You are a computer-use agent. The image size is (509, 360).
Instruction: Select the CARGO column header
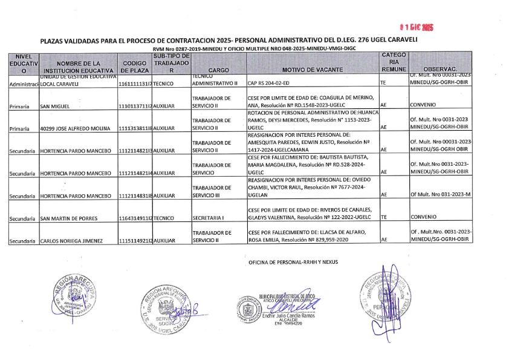(x=218, y=70)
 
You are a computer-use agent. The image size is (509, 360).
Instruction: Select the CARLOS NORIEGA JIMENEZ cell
(x=73, y=241)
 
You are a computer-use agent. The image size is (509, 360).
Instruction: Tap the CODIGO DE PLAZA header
(x=134, y=67)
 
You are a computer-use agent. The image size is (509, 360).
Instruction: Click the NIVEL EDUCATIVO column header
(x=24, y=63)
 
